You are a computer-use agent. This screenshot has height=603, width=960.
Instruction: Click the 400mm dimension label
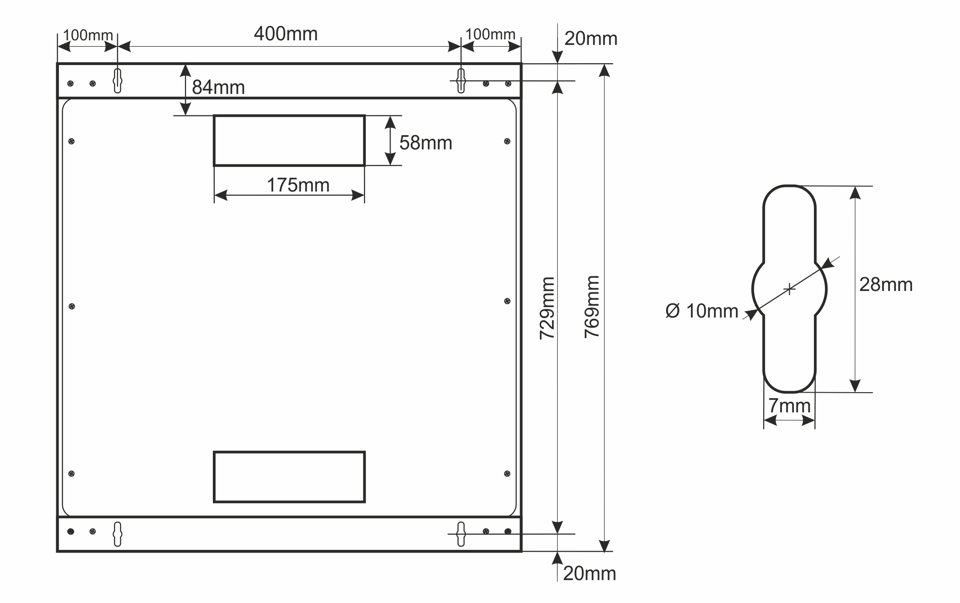pos(286,34)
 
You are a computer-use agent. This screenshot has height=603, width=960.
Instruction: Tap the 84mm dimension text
pos(218,87)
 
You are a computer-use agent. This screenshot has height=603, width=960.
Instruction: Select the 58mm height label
pos(425,143)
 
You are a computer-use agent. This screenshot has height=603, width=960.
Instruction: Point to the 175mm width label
pos(298,186)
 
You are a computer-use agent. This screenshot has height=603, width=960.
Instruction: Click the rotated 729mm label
pos(547,308)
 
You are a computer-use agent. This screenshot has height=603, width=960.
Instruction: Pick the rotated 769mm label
pos(592,307)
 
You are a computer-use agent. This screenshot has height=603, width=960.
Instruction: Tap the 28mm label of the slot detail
pos(885,285)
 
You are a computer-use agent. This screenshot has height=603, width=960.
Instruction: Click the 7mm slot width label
pos(789,406)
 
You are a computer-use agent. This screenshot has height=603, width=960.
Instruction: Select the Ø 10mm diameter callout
pos(701,311)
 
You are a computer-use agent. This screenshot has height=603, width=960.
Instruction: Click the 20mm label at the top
pos(591,39)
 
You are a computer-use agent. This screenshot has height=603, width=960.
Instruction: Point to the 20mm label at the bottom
pos(589,574)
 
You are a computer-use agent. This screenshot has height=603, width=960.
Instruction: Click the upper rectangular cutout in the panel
pos(289,140)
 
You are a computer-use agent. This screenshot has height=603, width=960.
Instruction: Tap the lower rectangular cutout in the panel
pos(289,477)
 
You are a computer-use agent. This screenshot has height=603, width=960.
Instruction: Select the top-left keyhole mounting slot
pos(117,81)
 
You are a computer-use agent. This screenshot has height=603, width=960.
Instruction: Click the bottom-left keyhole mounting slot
pos(117,534)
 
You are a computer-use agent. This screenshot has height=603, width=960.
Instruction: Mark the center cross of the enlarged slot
pos(789,289)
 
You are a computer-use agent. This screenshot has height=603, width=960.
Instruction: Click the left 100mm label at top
pos(88,35)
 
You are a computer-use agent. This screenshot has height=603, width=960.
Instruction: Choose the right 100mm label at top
pos(490,34)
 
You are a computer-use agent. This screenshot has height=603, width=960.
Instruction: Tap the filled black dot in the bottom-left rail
pos(71,532)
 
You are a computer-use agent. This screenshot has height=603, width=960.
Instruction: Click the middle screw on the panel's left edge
pos(72,306)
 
